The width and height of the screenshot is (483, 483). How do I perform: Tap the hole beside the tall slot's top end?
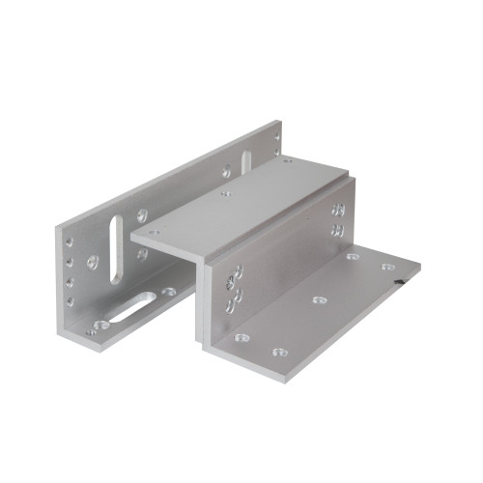(x=142, y=215)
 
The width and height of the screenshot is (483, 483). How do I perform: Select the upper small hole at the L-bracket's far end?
(x=275, y=135)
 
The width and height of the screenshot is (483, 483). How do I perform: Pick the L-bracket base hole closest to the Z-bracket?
(x=168, y=291)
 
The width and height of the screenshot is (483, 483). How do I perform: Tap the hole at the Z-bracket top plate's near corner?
(x=152, y=232)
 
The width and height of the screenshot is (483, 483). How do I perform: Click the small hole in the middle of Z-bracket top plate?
(x=226, y=193)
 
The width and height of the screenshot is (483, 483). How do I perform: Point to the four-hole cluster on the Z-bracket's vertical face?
(x=232, y=290)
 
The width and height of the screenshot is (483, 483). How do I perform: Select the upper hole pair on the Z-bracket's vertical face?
(x=337, y=208)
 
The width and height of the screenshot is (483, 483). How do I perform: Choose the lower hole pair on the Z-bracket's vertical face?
(x=338, y=230)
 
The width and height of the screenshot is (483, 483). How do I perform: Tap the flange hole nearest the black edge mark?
(x=386, y=267)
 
